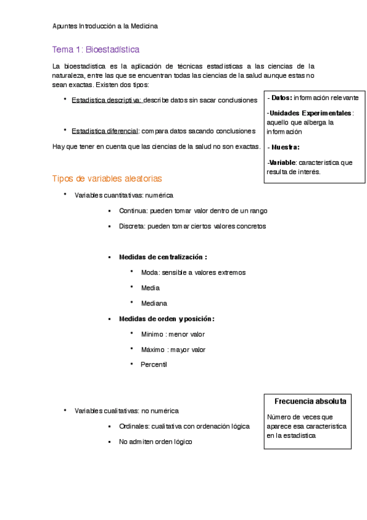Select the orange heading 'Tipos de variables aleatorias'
[x=107, y=178]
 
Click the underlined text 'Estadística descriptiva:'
[x=107, y=100]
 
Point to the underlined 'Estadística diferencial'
[x=105, y=131]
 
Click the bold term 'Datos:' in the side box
[x=282, y=97]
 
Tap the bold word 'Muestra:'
[x=286, y=147]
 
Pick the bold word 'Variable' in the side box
[x=282, y=162]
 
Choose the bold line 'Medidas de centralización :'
[x=163, y=257]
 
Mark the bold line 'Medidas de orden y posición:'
[x=167, y=319]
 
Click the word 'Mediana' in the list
[x=154, y=303]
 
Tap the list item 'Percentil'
[x=154, y=364]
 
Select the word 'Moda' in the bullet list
[x=149, y=272]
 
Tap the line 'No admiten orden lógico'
[x=156, y=441]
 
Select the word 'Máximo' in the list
[x=153, y=350]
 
